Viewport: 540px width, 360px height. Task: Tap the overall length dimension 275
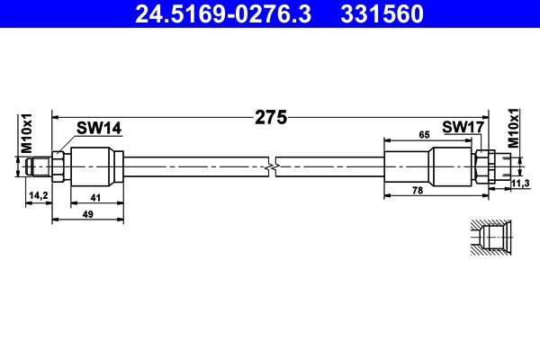tap(270, 116)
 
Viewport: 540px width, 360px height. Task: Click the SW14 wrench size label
tap(98, 129)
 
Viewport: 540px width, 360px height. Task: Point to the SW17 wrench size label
tap(463, 128)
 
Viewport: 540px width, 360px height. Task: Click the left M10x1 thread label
tap(27, 131)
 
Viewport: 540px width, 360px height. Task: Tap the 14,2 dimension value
tap(39, 194)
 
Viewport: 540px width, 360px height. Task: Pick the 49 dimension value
tap(87, 214)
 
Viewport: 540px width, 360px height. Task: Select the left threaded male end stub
tap(39, 166)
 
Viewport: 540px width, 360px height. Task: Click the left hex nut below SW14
tap(58, 166)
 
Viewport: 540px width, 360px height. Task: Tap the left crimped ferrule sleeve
tap(96, 166)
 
